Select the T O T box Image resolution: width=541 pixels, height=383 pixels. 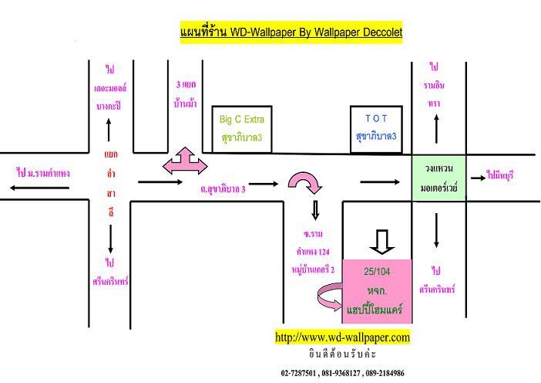click(376, 128)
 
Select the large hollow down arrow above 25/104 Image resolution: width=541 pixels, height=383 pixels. click(382, 241)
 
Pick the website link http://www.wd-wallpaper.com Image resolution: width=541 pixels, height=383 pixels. click(343, 337)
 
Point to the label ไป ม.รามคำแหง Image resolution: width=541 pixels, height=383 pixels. click(43, 174)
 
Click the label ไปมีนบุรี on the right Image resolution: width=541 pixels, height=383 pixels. click(500, 175)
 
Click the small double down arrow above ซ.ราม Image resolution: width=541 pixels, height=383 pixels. click(314, 211)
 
